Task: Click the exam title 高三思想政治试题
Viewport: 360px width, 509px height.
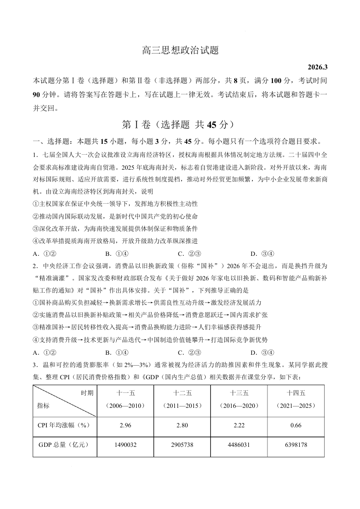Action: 180,51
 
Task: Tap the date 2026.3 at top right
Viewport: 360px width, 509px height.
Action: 317,68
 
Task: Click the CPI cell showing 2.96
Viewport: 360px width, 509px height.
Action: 125,425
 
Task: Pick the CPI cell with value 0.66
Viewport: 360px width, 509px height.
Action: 296,425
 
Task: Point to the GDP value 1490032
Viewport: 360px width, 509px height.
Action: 125,445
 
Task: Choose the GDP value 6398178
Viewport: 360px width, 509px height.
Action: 296,445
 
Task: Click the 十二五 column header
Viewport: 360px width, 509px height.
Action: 182,393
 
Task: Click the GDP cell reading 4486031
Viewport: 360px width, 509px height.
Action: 239,445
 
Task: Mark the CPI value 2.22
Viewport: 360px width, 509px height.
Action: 239,425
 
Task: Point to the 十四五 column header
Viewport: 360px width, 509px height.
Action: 296,393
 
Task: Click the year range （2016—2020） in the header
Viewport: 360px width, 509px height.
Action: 239,406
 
